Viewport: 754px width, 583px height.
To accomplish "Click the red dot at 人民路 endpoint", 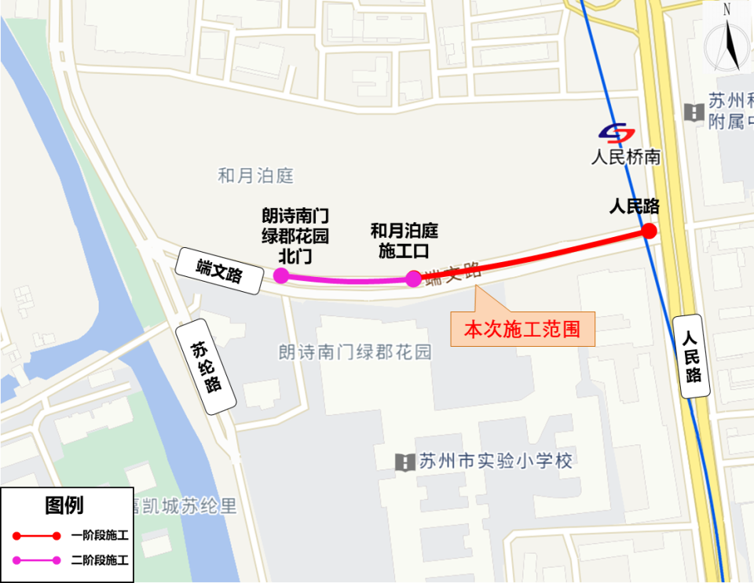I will pos(649,231).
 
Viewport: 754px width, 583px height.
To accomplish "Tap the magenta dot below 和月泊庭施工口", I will pos(414,278).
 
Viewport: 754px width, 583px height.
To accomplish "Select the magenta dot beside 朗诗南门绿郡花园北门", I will pos(280,275).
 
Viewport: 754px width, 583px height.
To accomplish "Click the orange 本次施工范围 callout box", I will pos(522,329).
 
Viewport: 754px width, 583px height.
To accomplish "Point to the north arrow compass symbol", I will pos(727,40).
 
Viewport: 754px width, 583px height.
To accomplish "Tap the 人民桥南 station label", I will pos(625,157).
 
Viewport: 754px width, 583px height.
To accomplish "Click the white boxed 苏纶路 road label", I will pos(207,366).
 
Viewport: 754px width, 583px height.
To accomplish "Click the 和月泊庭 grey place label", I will pos(255,176).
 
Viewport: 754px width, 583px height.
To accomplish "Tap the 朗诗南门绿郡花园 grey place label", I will pos(355,352).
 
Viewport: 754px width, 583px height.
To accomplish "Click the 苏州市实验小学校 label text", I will pos(496,461).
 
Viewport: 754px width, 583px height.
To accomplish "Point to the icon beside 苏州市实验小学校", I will pos(404,461).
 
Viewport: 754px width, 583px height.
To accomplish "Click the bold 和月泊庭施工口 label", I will pos(404,241).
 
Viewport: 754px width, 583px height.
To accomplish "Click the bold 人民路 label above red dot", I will pos(634,206).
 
